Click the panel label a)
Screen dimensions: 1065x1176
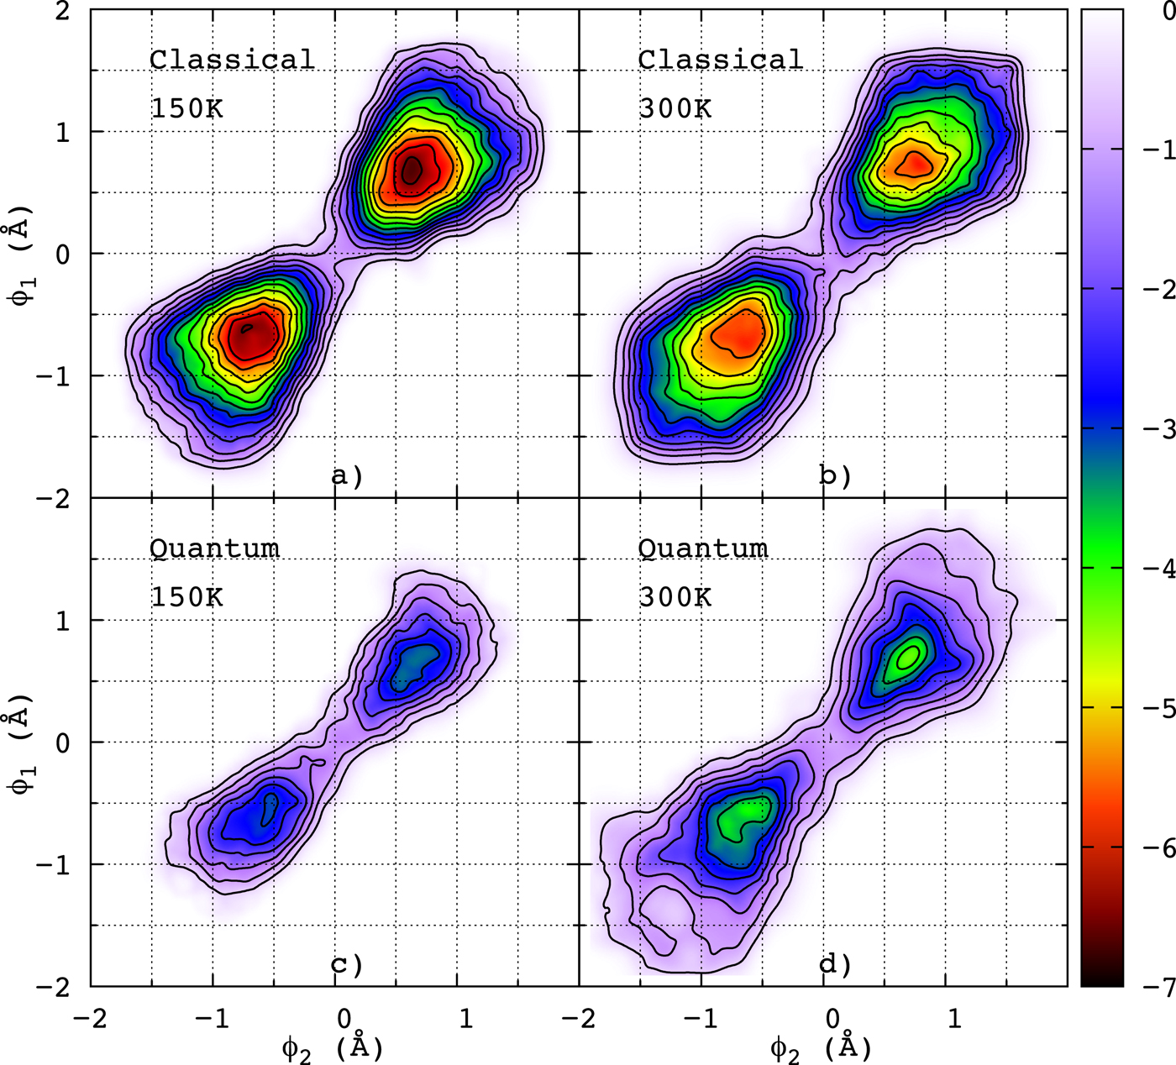[347, 476]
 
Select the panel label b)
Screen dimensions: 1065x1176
[835, 476]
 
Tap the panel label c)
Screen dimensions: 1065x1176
[347, 964]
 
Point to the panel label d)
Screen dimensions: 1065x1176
[835, 964]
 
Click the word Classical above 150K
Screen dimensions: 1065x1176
[232, 60]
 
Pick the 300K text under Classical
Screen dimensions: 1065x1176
[675, 109]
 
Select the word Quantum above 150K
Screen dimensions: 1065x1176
[214, 548]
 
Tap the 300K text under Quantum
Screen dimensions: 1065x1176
[675, 597]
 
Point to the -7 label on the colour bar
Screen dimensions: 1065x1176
[1158, 989]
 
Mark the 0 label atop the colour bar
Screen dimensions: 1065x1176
[1168, 12]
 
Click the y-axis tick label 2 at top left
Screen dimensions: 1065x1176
[62, 12]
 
